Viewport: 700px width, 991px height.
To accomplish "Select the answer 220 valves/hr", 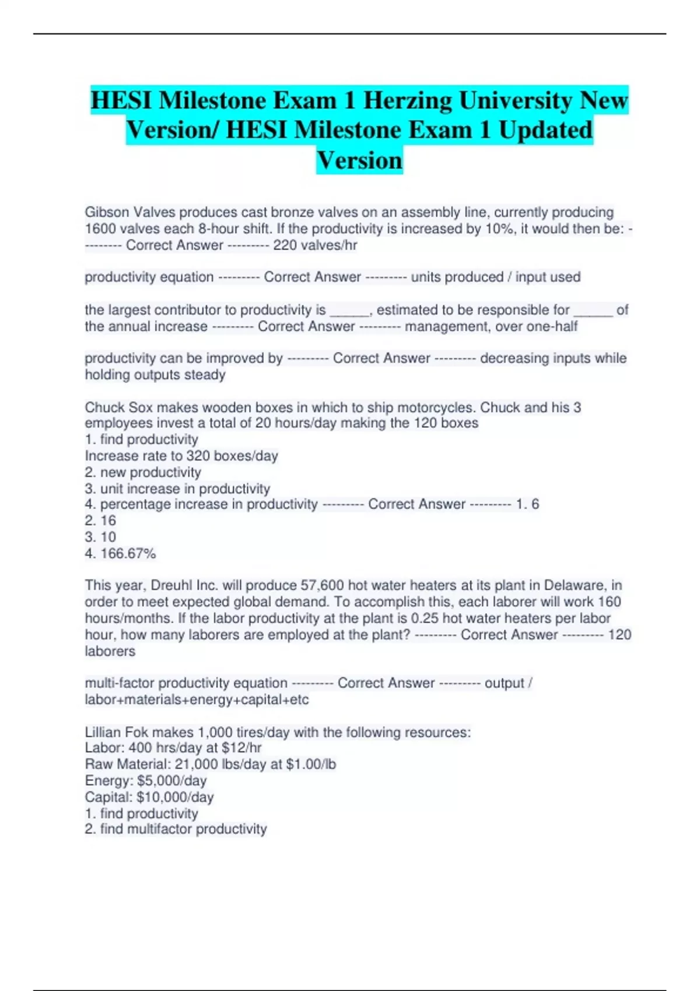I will point(315,245).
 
